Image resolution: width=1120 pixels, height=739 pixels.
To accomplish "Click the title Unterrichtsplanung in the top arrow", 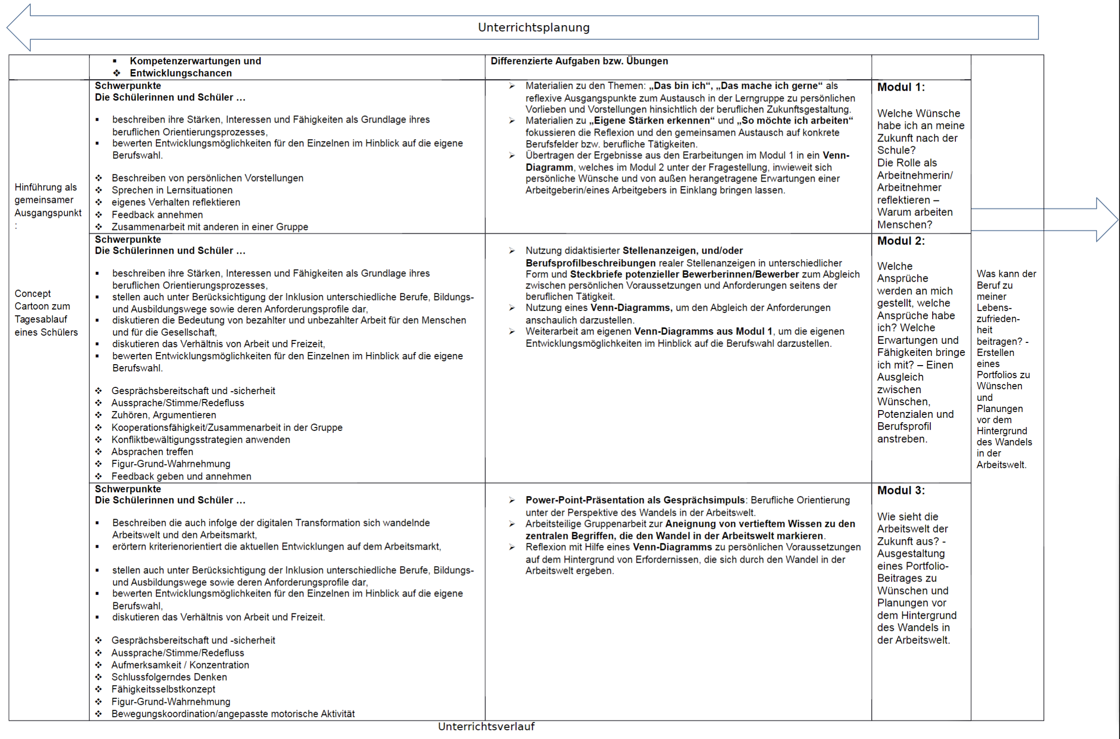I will pyautogui.click(x=533, y=28).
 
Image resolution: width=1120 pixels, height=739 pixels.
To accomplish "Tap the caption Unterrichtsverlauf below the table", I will pyautogui.click(x=486, y=726).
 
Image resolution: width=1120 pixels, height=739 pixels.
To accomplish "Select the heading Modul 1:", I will pyautogui.click(x=901, y=87).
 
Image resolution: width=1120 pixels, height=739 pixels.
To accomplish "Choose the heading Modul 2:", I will pyautogui.click(x=901, y=241).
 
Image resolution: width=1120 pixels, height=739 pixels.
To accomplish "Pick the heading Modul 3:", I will pyautogui.click(x=901, y=491).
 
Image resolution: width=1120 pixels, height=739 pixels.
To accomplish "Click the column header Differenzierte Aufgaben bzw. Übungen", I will pyautogui.click(x=579, y=61).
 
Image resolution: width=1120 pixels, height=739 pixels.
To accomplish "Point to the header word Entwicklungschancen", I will pyautogui.click(x=181, y=73).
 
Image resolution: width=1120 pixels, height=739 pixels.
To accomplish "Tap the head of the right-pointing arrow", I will pyautogui.click(x=1106, y=219).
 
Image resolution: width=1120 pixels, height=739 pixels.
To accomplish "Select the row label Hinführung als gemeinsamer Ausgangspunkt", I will pyautogui.click(x=47, y=200).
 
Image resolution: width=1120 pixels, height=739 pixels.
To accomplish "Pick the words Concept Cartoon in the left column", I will pyautogui.click(x=43, y=300).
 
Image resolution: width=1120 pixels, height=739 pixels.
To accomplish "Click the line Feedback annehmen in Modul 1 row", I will pyautogui.click(x=157, y=215).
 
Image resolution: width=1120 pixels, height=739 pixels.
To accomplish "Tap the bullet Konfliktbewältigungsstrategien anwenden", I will pyautogui.click(x=200, y=440).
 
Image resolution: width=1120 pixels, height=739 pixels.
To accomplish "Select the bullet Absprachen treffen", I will pyautogui.click(x=152, y=452).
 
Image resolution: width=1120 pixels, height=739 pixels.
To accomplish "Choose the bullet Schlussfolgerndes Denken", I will pyautogui.click(x=169, y=677).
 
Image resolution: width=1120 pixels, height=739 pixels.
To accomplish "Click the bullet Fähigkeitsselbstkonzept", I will pyautogui.click(x=163, y=689).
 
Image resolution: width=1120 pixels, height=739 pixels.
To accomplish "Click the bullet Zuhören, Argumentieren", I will pyautogui.click(x=164, y=415).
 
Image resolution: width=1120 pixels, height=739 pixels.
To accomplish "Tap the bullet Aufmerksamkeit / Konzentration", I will pyautogui.click(x=180, y=665).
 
